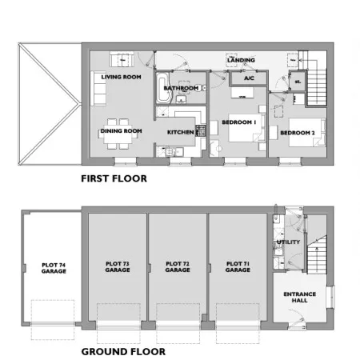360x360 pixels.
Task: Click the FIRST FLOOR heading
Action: (x=114, y=178)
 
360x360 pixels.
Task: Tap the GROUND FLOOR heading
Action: (x=123, y=351)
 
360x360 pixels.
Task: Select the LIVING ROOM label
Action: (x=121, y=77)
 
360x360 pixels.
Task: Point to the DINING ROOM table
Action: (x=118, y=134)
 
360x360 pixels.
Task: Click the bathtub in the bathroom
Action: (x=162, y=88)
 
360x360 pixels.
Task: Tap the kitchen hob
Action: (x=201, y=130)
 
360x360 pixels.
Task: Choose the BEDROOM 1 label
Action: (x=239, y=122)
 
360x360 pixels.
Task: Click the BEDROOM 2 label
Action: (x=298, y=133)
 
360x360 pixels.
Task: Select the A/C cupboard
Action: (x=249, y=78)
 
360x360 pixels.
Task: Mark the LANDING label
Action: (x=241, y=60)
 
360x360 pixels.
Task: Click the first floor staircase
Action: (x=317, y=86)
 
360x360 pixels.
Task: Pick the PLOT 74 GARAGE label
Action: (x=54, y=268)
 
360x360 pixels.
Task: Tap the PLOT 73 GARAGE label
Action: (x=118, y=266)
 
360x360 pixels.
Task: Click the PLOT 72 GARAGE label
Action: (x=178, y=266)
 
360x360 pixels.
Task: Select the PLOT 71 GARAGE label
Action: (x=238, y=266)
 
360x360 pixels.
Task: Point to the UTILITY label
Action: (x=288, y=242)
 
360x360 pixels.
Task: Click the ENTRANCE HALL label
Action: (x=300, y=297)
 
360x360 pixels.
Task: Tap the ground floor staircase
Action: (x=317, y=255)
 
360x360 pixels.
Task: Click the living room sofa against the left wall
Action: (x=98, y=88)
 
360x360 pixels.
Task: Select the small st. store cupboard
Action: (x=298, y=82)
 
